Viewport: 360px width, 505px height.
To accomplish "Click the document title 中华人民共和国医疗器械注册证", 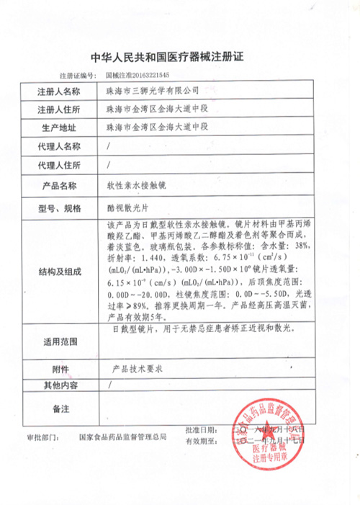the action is [179, 57].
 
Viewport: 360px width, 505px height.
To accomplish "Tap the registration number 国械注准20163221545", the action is [138, 74].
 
